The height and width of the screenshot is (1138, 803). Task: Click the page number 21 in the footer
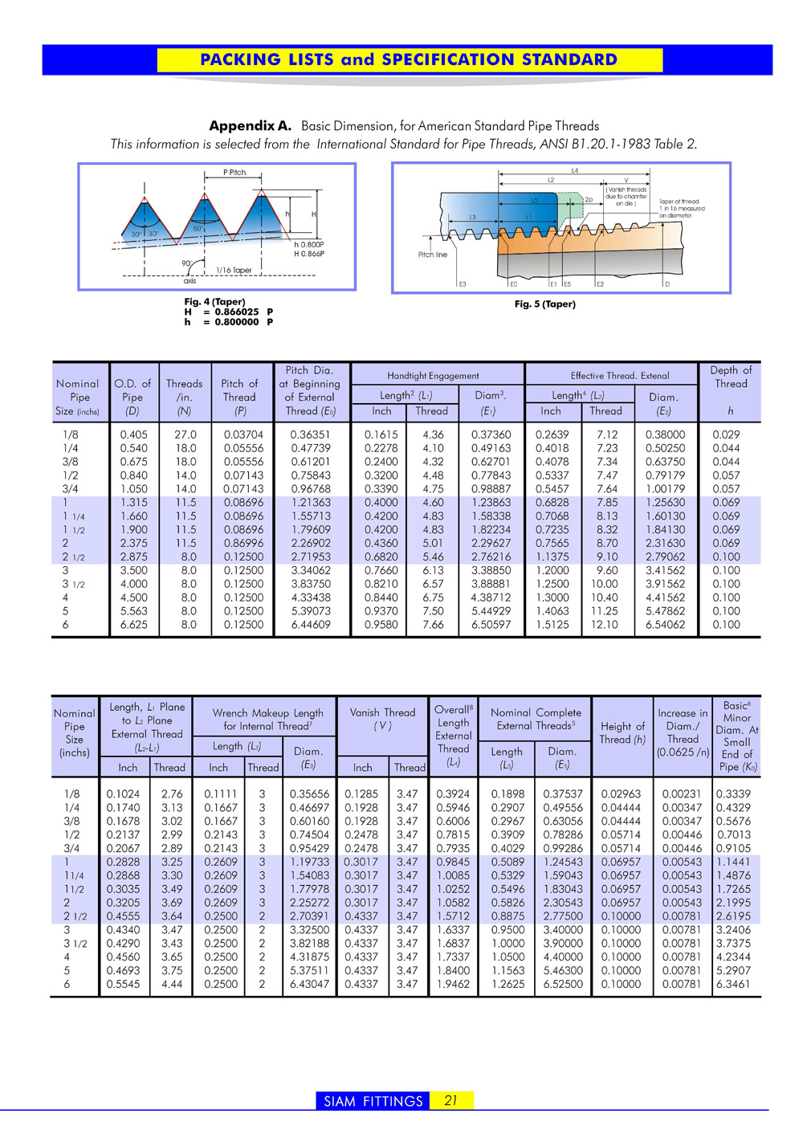tap(450, 1100)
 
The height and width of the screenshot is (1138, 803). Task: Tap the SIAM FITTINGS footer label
tap(373, 1101)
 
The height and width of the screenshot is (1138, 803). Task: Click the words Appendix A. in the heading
tap(250, 126)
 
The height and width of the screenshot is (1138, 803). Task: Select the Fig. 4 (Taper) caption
tap(214, 302)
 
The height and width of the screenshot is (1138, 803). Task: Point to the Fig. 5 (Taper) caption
tap(544, 304)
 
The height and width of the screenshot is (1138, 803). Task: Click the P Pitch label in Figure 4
tap(234, 173)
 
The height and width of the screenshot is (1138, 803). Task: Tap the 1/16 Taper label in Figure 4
tap(234, 271)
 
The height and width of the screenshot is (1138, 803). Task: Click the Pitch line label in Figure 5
tap(432, 255)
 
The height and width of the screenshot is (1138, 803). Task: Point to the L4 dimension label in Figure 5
tap(575, 171)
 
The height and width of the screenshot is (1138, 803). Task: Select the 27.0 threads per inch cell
tap(185, 434)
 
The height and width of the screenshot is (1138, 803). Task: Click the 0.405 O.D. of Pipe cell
tap(133, 434)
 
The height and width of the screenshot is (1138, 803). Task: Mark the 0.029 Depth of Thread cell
tap(726, 434)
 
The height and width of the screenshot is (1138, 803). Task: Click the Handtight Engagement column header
tap(433, 376)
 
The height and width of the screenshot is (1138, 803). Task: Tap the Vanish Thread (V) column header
tap(382, 719)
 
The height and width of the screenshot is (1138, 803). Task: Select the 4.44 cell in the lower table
tap(172, 984)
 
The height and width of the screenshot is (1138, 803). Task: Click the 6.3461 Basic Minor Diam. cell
tap(733, 984)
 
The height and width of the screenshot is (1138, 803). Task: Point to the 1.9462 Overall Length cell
tap(453, 984)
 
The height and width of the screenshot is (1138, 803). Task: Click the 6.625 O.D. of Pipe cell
tap(133, 625)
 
